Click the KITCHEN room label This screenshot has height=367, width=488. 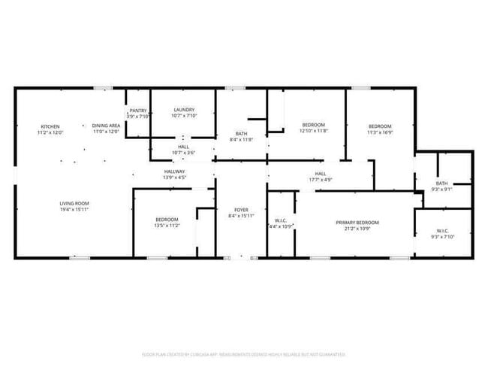coord(50,126)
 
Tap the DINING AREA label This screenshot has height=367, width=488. coord(106,126)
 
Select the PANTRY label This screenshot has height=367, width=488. coord(138,111)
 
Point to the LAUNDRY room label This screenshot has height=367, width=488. coord(184,111)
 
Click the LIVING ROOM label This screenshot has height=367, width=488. coord(74,203)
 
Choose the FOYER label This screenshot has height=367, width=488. coord(241,210)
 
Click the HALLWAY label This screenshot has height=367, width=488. coord(175,171)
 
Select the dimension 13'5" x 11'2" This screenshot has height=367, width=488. coord(167,226)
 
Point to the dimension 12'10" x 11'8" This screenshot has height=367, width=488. coord(313,131)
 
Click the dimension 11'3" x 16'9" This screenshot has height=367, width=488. coord(379,132)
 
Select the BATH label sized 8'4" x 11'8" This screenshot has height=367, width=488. coord(241,133)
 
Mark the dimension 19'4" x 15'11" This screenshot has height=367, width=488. coord(74,210)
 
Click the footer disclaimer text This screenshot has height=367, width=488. coord(243,353)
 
